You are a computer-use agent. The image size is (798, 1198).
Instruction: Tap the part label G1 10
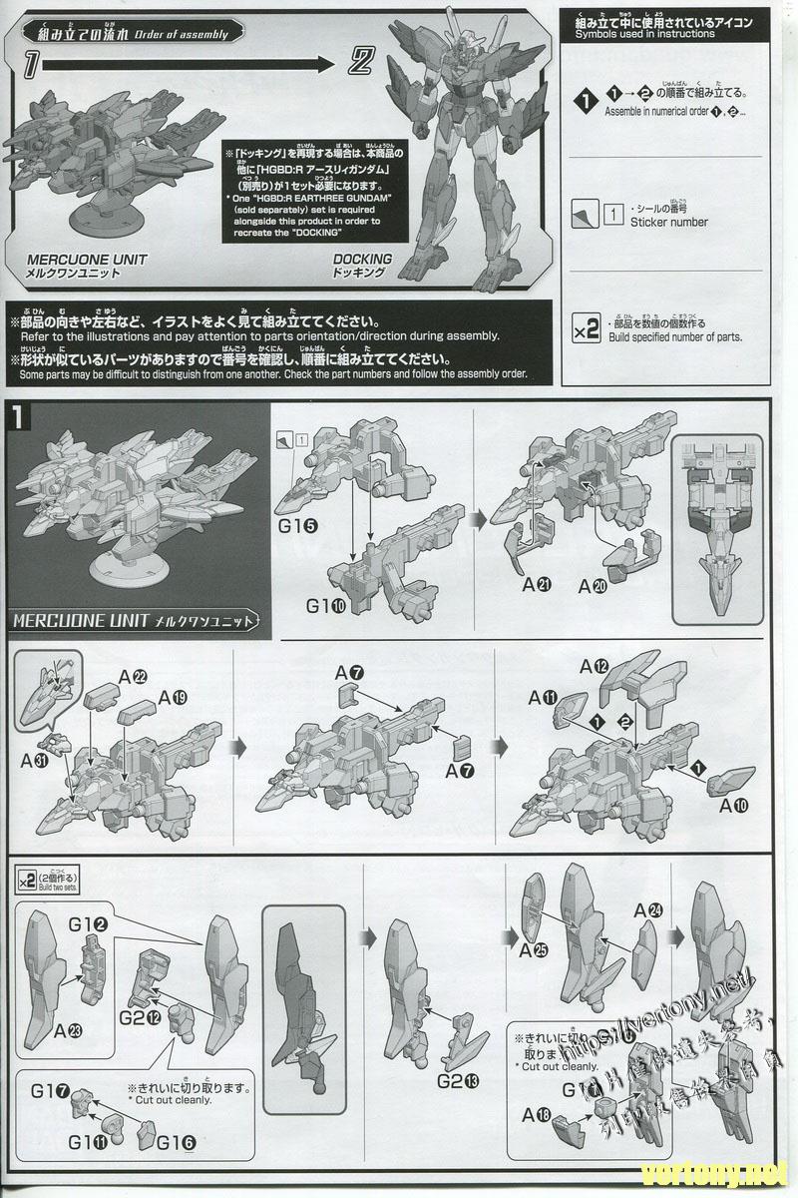(325, 605)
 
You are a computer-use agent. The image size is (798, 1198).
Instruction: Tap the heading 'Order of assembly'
(186, 34)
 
